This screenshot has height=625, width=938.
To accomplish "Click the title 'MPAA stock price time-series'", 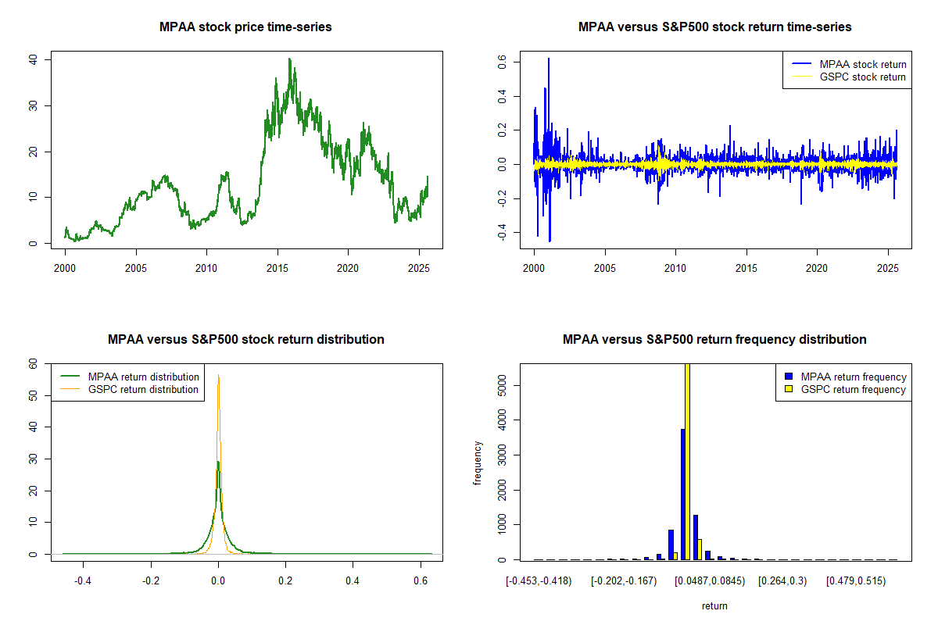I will tap(245, 27).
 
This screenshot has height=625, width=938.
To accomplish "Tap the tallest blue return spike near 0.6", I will tap(549, 59).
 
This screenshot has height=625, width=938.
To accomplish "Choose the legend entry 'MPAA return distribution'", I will tap(143, 377).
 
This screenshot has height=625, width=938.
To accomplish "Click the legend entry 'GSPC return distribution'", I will tap(143, 389).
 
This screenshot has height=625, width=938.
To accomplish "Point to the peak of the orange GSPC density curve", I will tap(218, 377).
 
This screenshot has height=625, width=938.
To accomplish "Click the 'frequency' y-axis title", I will tap(478, 462).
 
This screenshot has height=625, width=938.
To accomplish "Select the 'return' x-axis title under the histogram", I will tap(714, 605).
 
